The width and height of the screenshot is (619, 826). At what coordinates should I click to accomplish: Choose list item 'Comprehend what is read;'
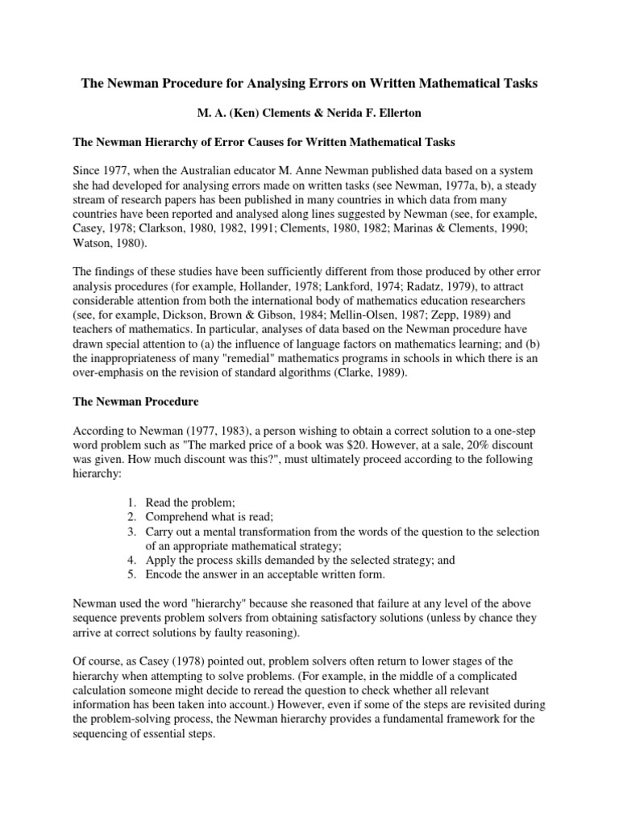coord(211,518)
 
